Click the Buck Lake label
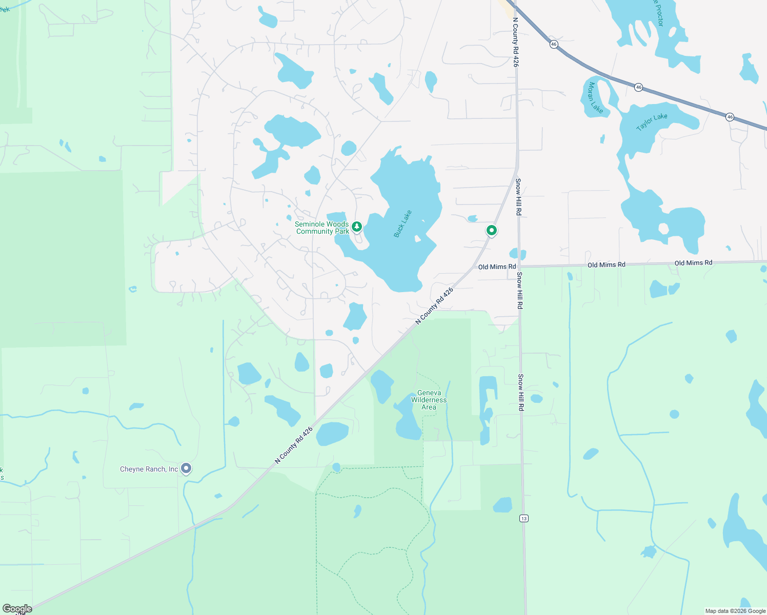coord(402,224)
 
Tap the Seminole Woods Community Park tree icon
coord(357,227)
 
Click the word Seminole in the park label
coord(310,224)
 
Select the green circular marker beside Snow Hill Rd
coord(491,231)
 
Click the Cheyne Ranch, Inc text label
coord(149,469)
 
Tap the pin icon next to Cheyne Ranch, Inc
coord(187,468)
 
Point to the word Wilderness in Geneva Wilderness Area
coord(429,400)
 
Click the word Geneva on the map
coord(429,393)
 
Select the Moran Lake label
coord(595,97)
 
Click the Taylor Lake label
coord(652,122)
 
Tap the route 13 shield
coord(523,519)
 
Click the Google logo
coord(17,609)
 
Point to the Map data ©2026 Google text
coord(735,611)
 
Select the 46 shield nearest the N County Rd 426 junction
coord(554,45)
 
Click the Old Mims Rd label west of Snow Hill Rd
coord(497,266)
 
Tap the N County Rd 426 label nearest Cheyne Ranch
coord(293,446)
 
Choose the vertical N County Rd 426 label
coord(516,42)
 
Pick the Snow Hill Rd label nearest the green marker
coord(518,197)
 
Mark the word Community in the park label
coord(315,231)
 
